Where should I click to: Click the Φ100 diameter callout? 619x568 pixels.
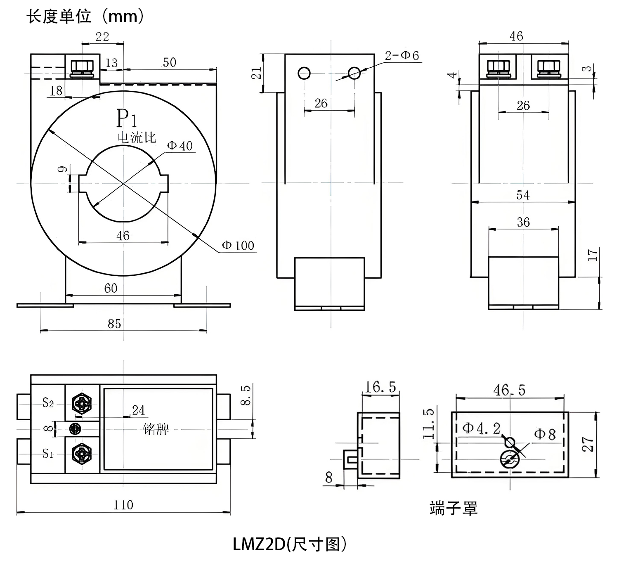point(238,246)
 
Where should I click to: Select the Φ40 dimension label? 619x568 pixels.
point(180,146)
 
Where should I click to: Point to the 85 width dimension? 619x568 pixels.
point(114,324)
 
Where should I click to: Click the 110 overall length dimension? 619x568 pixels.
point(123,505)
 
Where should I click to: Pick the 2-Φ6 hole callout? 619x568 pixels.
point(402,55)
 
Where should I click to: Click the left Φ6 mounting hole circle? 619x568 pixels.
point(304,73)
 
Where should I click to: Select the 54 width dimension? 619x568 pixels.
point(523,195)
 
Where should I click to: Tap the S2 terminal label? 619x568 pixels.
point(48,402)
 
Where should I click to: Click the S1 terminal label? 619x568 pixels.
point(48,454)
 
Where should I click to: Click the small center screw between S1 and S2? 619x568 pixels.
point(75,428)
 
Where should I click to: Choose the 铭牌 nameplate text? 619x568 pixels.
point(156,430)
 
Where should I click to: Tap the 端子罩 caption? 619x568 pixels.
point(453,508)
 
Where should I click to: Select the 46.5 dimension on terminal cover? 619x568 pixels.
point(509,390)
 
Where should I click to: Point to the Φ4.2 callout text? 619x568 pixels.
point(482,428)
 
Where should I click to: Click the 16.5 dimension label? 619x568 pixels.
point(380,387)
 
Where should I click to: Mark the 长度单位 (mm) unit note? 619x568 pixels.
point(85,17)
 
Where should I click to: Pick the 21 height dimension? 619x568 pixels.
point(257,73)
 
